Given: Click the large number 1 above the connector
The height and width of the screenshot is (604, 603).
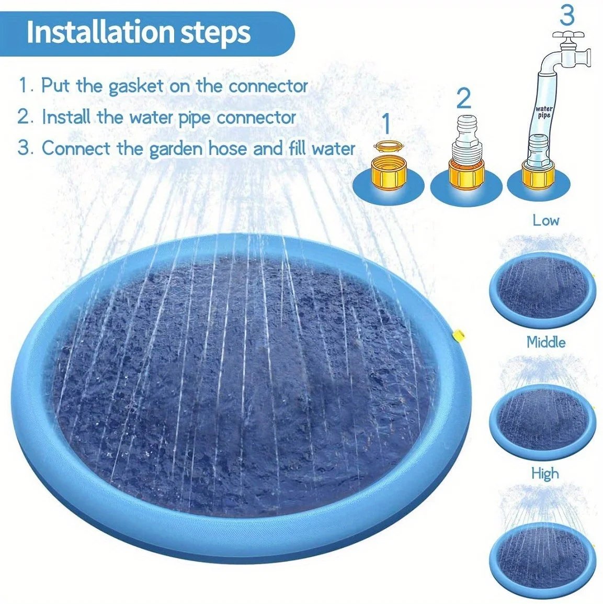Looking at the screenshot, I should coord(386,124).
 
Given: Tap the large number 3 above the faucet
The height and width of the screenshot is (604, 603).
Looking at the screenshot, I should coord(567,16).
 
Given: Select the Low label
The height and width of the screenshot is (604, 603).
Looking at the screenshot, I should coord(546,220).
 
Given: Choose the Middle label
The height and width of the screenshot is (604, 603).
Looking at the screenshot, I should coord(546,342).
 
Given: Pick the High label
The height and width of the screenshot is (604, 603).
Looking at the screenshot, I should coord(545,474).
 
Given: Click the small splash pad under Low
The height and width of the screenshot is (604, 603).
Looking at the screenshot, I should coord(542,288).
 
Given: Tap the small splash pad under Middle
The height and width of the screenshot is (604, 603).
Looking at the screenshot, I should coord(542,419).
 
